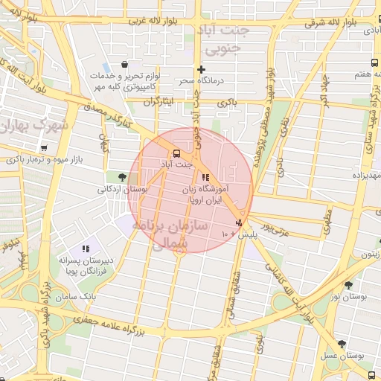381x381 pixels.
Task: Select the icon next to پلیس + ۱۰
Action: point(239,222)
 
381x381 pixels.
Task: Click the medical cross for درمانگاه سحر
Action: point(201,69)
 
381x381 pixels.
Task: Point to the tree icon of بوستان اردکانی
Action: point(122,177)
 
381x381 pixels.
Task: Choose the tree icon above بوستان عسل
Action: point(342,344)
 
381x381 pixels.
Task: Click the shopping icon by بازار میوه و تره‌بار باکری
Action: point(45,148)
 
